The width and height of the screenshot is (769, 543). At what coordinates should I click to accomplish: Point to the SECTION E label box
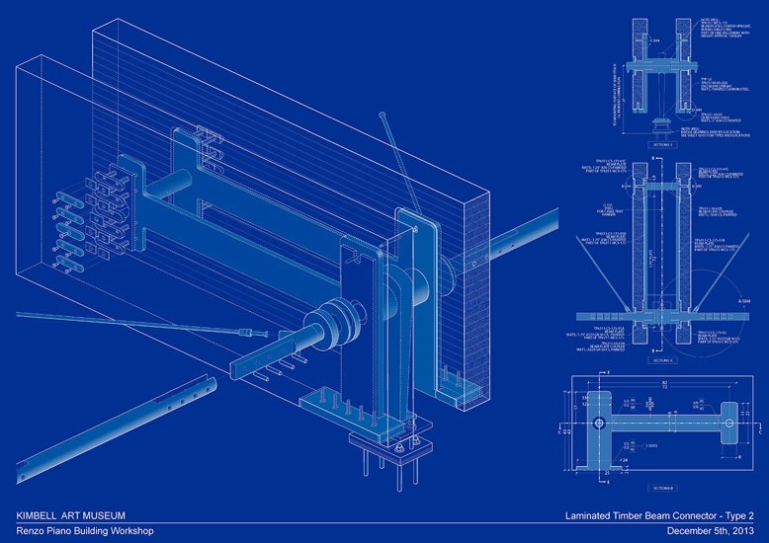(x=661, y=144)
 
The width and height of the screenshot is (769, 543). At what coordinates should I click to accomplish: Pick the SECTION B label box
(x=661, y=488)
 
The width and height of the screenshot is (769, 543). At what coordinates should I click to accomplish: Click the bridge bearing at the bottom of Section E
(x=661, y=122)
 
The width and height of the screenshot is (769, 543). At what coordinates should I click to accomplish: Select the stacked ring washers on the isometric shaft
(x=330, y=325)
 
